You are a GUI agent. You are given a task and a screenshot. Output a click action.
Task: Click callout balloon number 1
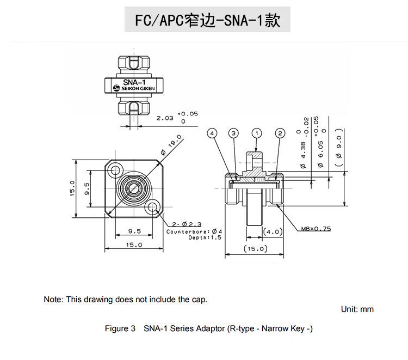257,133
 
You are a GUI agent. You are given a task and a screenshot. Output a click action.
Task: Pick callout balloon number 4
212,133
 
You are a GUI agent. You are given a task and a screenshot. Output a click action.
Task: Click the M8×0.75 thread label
316,229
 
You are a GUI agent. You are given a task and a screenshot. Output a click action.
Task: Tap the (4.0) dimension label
271,231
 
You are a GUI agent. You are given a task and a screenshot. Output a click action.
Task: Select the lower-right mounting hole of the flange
152,206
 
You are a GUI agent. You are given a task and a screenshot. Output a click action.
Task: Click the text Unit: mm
357,309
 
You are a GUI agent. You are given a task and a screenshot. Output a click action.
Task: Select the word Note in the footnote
53,300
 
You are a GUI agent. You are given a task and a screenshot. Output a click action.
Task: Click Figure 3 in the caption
120,329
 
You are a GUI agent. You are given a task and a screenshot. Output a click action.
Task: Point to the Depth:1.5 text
205,238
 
